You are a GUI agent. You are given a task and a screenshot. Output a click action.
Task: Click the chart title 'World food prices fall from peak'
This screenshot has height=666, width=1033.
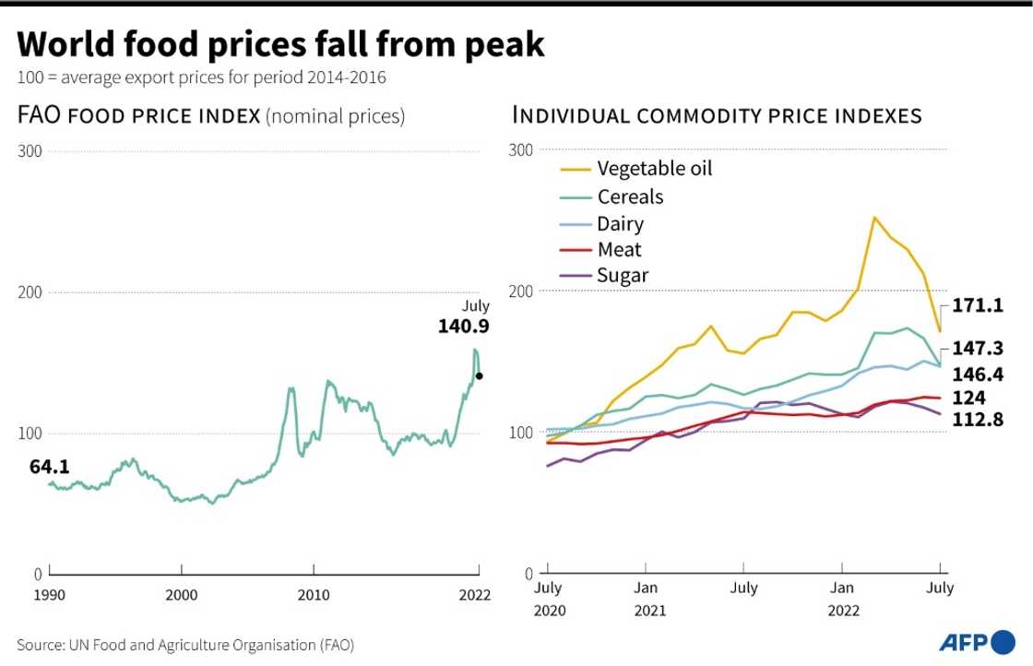[280, 43]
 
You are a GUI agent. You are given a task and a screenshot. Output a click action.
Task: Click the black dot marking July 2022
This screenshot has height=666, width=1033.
[479, 375]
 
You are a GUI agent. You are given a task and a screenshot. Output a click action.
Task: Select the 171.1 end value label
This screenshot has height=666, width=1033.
[977, 305]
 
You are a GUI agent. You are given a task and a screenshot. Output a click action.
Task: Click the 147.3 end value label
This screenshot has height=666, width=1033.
[977, 349]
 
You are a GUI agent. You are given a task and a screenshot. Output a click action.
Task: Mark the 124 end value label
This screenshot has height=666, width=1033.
[969, 398]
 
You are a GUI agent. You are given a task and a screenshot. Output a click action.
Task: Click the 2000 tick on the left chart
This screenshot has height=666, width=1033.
[182, 594]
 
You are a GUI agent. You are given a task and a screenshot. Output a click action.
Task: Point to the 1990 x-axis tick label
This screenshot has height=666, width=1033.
[50, 594]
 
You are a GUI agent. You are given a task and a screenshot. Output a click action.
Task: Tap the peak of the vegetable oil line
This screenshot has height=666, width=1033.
[873, 218]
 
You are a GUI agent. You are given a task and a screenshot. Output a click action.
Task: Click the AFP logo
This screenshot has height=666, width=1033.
[976, 641]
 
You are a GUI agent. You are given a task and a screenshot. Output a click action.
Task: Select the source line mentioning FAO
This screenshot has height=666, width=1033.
[185, 644]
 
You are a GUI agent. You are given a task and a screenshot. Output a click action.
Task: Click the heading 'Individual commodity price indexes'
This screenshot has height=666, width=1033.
[717, 115]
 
